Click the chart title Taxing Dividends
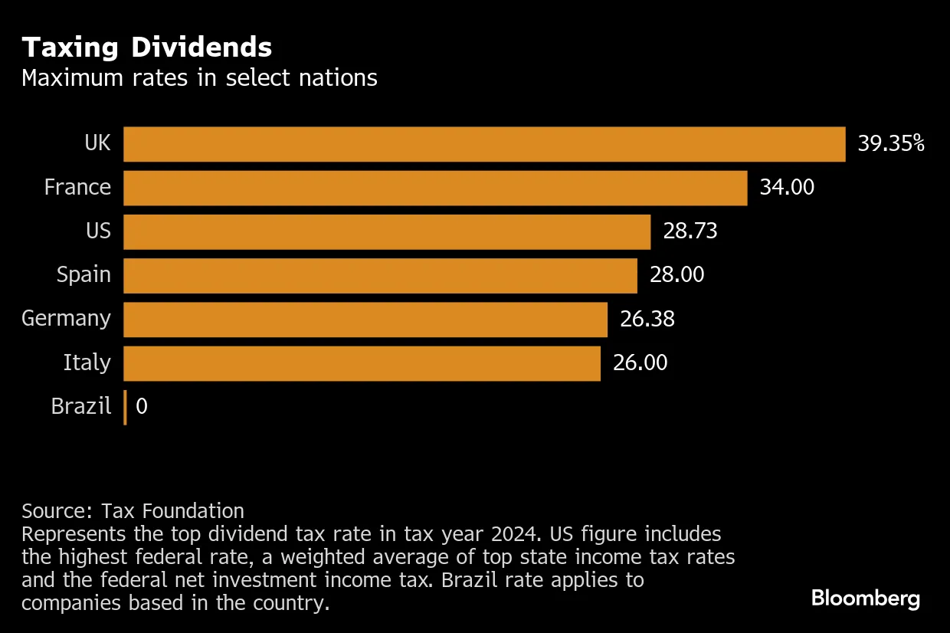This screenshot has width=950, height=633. tap(146, 48)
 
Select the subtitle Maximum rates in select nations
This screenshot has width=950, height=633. tap(199, 78)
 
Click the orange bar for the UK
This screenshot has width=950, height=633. tap(484, 144)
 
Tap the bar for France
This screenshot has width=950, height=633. tap(435, 188)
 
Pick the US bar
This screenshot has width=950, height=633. tap(387, 231)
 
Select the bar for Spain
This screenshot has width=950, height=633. tap(380, 275)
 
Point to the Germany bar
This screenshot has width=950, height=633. tap(365, 319)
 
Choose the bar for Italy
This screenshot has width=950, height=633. tap(362, 362)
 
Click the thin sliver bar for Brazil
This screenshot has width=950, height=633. tap(125, 407)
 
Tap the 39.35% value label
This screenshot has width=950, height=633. tap(891, 144)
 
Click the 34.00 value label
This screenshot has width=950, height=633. tap(787, 188)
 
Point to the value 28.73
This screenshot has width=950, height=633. tap(690, 231)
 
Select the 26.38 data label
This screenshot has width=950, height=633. tap(647, 319)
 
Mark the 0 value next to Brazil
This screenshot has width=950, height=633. tap(142, 406)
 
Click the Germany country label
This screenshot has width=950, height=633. tap(66, 319)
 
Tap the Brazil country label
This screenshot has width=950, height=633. tap(81, 406)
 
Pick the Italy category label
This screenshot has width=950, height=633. tap(87, 362)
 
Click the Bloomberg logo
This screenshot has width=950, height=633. tap(866, 599)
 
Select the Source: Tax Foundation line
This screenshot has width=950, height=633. tap(133, 511)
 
